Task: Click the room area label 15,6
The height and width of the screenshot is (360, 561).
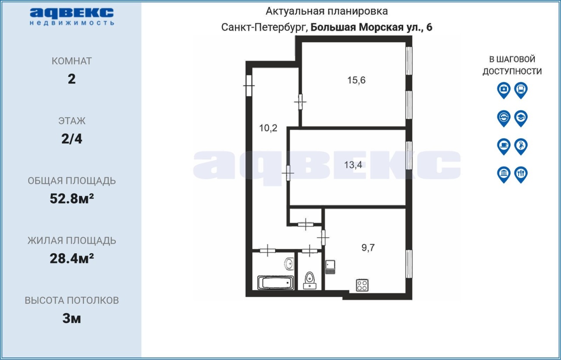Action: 356,80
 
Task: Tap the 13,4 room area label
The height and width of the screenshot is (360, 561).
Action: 353,165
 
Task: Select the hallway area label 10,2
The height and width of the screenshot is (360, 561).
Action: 268,128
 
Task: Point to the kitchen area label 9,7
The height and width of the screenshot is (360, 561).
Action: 368,247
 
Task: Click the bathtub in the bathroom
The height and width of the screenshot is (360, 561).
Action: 276,283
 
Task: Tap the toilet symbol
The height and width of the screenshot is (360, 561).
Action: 310,280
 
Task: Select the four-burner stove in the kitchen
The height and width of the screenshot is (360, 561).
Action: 362,285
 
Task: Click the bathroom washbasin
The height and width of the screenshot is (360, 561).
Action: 289,264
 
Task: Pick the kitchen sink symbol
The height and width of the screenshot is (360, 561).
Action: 330,267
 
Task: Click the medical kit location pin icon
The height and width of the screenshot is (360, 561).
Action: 504,90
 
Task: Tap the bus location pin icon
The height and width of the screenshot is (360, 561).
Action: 521,90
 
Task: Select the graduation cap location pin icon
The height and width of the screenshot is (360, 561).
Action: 521,118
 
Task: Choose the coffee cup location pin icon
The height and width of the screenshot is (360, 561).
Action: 504,146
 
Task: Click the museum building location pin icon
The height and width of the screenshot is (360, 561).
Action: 504,174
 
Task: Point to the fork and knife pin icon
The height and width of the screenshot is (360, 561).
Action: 521,174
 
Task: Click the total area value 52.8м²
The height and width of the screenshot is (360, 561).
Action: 71,198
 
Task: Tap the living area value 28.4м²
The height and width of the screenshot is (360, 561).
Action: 71,258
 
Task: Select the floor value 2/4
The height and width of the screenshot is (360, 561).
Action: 71,139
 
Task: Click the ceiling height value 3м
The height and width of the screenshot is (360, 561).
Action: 71,318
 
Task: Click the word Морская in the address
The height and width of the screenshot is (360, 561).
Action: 381,27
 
